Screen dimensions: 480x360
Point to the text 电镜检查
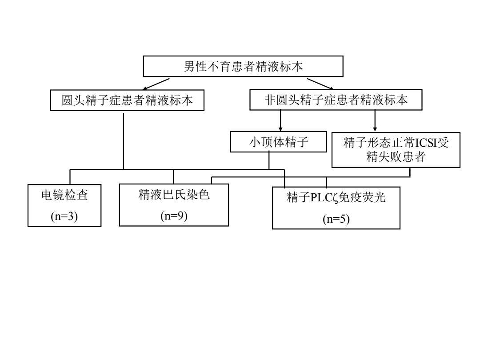pos(64,195)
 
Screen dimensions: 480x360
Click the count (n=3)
pos(64,216)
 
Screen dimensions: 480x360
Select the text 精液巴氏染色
pos(174,194)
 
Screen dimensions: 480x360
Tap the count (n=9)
pos(174,216)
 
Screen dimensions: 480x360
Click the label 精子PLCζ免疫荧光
pos(336,197)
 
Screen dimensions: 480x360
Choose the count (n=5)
pos(336,219)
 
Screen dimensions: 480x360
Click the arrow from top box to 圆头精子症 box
pos(156,84)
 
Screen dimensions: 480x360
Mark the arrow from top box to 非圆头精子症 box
pos(320,84)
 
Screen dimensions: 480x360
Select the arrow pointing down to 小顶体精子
pos(280,120)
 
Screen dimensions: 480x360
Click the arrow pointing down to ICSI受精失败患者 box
pos(375,121)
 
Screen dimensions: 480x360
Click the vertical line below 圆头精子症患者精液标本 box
pos(124,141)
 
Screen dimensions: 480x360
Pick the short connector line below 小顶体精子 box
pos(269,161)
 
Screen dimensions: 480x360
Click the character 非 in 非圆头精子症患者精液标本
pos(270,100)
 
